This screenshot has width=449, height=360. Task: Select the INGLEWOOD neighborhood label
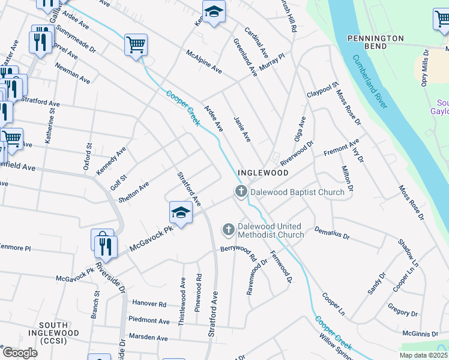coord(263,172)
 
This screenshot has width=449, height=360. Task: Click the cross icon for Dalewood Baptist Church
coord(241,192)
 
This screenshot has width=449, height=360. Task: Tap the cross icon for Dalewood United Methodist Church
coord(228,230)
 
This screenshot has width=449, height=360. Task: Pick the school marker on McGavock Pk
coord(180,213)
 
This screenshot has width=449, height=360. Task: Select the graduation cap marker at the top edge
coord(213,12)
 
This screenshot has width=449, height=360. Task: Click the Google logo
coord(19,353)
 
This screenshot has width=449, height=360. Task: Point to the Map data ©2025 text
coord(424,355)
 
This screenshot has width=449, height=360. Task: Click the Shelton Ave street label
coord(135,190)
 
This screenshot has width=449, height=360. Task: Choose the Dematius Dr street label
coord(332,233)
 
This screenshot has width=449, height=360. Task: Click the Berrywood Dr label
coord(235,248)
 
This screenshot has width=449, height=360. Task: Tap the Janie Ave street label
coord(241,129)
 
